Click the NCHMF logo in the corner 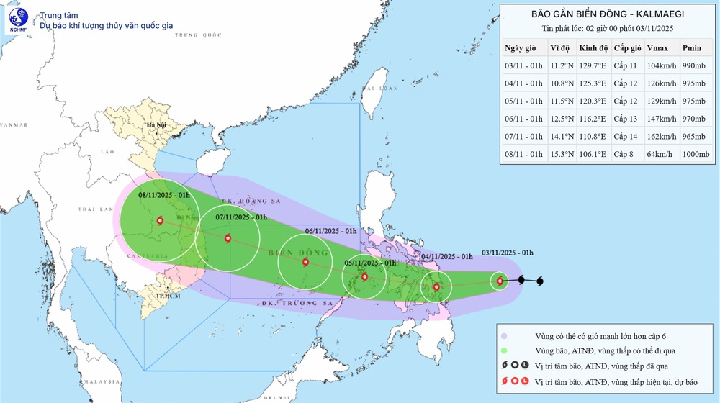[x=17, y=19]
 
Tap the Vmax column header [x=657, y=48]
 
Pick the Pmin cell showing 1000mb [x=696, y=154]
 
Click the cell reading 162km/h [x=661, y=136]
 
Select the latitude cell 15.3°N [x=559, y=154]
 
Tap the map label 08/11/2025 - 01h [x=164, y=194]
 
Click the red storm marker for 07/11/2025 [x=228, y=239]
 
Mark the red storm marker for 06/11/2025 [x=306, y=262]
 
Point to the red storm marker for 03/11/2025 [x=500, y=281]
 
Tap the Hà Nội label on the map [x=156, y=126]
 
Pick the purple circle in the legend [x=505, y=335]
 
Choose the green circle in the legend [x=505, y=350]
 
